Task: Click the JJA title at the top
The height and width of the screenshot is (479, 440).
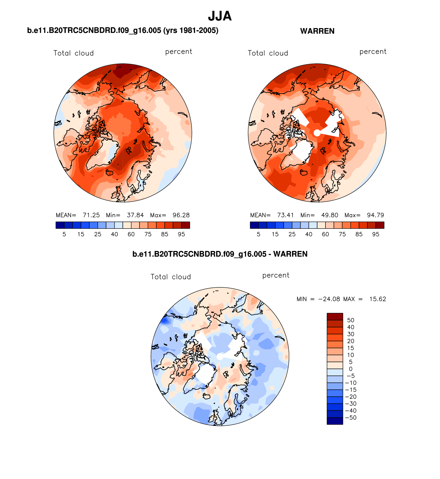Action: click(220, 16)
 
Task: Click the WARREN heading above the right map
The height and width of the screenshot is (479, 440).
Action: click(317, 31)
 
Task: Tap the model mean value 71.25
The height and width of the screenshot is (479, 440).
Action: click(91, 215)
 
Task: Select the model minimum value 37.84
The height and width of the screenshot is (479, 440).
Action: click(135, 215)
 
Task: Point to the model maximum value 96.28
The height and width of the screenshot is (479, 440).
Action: click(181, 215)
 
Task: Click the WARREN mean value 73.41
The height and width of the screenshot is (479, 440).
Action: click(285, 215)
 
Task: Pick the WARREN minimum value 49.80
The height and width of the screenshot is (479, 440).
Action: click(330, 215)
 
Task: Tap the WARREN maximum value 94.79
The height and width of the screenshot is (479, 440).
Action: click(375, 215)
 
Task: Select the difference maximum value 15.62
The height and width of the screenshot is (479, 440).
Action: click(378, 299)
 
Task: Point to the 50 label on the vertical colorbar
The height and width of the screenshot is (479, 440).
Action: click(351, 320)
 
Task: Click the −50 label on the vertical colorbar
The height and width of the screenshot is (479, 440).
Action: click(351, 418)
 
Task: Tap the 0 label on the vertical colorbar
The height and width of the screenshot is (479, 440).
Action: click(351, 369)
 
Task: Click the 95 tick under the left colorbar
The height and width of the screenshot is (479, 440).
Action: click(181, 234)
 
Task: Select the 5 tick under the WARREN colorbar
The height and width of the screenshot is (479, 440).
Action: click(259, 234)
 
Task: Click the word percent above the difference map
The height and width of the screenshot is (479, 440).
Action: click(276, 275)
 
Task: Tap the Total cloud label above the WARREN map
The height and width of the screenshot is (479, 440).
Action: click(268, 53)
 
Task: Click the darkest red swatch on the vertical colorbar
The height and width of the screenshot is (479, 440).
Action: click(335, 317)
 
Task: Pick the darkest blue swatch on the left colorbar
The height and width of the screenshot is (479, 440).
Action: click(60, 225)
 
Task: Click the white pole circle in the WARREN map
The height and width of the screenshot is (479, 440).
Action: click(317, 133)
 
